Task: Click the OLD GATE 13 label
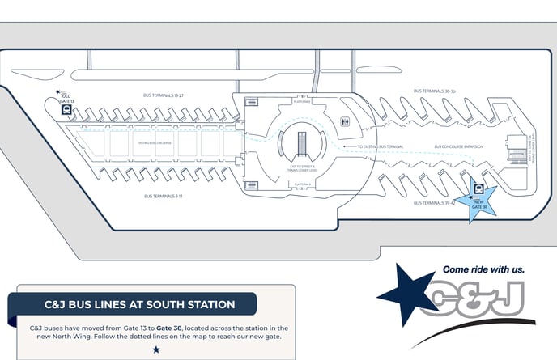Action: click(x=66, y=98)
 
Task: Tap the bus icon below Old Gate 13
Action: click(x=66, y=110)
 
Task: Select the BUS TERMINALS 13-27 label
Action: click(x=163, y=95)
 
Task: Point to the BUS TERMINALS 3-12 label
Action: click(x=161, y=196)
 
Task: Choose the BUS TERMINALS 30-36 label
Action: click(x=434, y=91)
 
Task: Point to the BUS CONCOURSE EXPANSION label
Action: click(x=458, y=147)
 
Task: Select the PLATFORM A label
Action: click(x=301, y=185)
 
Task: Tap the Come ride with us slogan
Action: click(x=483, y=269)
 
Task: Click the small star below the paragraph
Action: click(x=155, y=349)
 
